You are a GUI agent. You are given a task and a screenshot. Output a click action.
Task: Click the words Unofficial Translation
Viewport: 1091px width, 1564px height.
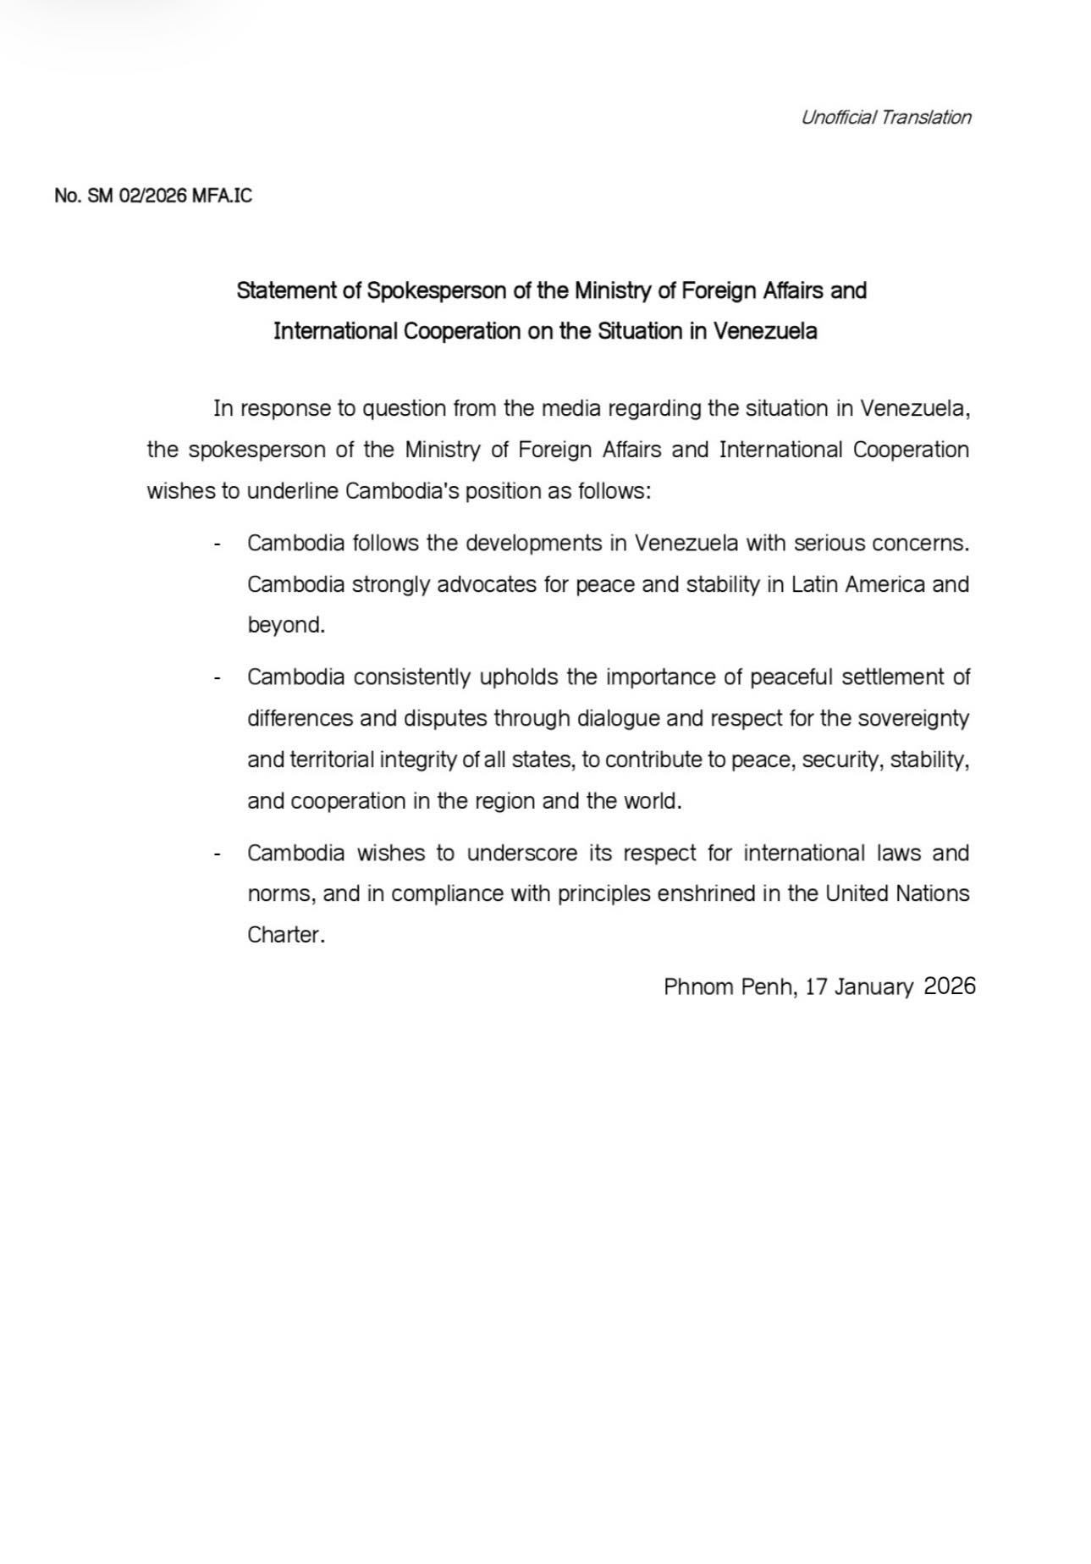(885, 118)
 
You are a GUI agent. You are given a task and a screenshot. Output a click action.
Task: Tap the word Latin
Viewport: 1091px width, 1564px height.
(813, 584)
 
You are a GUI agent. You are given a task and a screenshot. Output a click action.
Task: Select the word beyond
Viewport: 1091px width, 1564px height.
(286, 626)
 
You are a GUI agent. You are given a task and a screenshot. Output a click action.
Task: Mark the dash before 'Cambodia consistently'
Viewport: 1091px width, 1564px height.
(218, 677)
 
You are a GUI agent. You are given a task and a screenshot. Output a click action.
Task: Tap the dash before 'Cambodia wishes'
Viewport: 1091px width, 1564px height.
(218, 853)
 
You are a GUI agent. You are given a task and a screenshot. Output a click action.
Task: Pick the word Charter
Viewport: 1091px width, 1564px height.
(285, 935)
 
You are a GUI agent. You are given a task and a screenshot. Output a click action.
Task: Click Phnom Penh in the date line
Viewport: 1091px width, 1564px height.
(729, 986)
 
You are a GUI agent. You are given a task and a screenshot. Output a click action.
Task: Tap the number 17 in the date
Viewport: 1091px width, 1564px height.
(815, 986)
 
